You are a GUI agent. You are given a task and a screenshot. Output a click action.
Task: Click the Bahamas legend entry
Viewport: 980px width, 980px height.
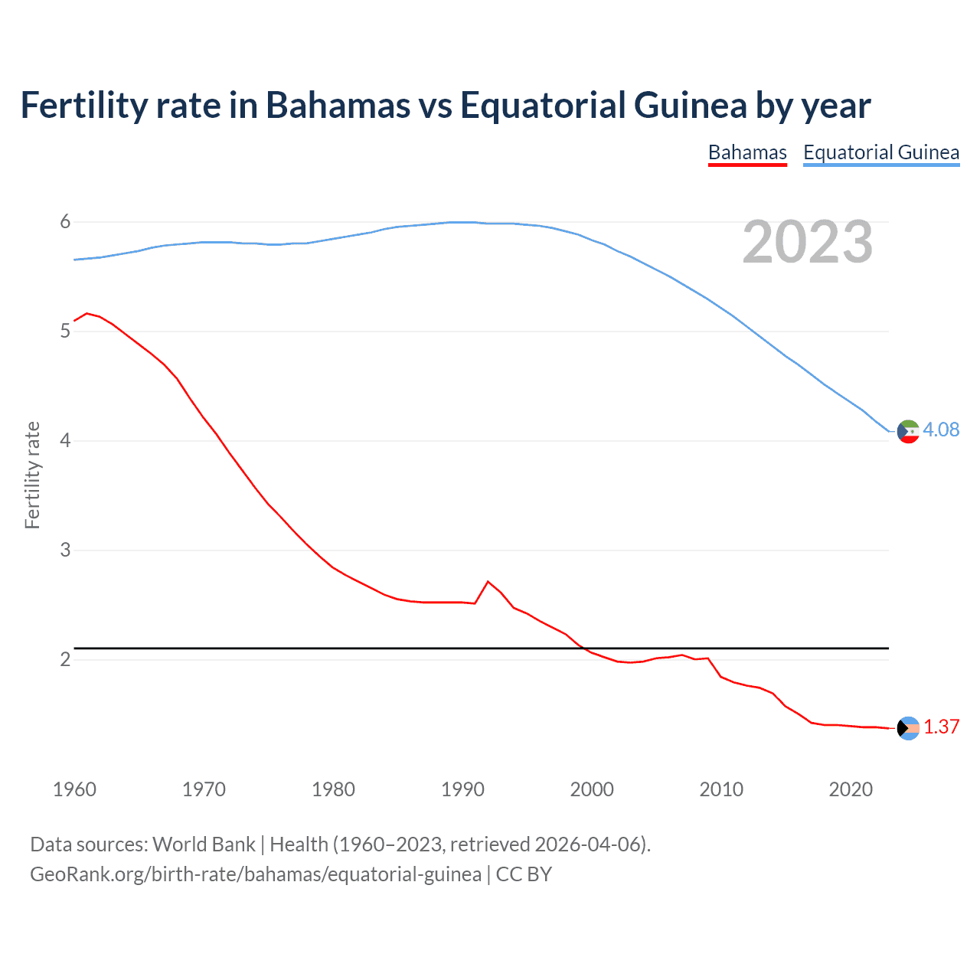click(x=747, y=152)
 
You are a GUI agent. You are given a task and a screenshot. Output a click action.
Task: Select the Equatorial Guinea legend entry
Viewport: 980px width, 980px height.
click(x=880, y=152)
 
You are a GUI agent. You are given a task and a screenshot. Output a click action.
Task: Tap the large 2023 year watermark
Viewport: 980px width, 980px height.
click(x=807, y=242)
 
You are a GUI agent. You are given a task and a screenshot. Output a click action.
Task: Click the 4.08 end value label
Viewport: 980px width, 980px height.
click(x=940, y=430)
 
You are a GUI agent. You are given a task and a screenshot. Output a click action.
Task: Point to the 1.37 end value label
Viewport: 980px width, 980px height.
click(x=941, y=727)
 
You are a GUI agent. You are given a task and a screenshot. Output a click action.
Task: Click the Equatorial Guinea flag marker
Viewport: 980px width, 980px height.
click(x=908, y=431)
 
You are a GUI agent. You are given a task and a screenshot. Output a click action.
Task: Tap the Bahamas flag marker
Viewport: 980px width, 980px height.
click(x=908, y=728)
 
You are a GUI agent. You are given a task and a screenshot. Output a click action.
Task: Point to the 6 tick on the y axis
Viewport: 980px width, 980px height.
click(x=65, y=222)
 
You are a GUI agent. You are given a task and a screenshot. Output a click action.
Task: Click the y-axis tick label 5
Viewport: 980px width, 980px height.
click(x=65, y=331)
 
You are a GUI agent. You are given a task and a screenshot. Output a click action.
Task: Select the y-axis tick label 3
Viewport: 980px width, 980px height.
click(x=65, y=550)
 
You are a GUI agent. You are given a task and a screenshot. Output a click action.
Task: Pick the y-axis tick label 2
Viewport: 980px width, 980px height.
click(x=65, y=659)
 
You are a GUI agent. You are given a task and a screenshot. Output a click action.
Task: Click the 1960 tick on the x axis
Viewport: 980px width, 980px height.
click(x=74, y=789)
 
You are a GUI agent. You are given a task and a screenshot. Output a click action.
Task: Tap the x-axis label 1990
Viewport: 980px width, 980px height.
click(x=462, y=789)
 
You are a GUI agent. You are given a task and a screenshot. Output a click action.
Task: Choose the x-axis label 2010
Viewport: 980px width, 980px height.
click(x=721, y=789)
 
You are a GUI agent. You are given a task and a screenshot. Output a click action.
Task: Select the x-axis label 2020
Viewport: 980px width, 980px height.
click(x=851, y=789)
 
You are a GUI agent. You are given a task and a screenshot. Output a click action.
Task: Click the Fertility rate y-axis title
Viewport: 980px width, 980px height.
click(x=32, y=475)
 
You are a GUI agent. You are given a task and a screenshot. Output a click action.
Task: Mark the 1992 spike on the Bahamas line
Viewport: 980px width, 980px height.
click(x=488, y=582)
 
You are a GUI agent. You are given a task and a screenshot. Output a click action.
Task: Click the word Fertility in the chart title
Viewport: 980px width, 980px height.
click(x=83, y=105)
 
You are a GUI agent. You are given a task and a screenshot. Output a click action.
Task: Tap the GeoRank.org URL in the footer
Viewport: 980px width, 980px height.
click(x=256, y=874)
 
